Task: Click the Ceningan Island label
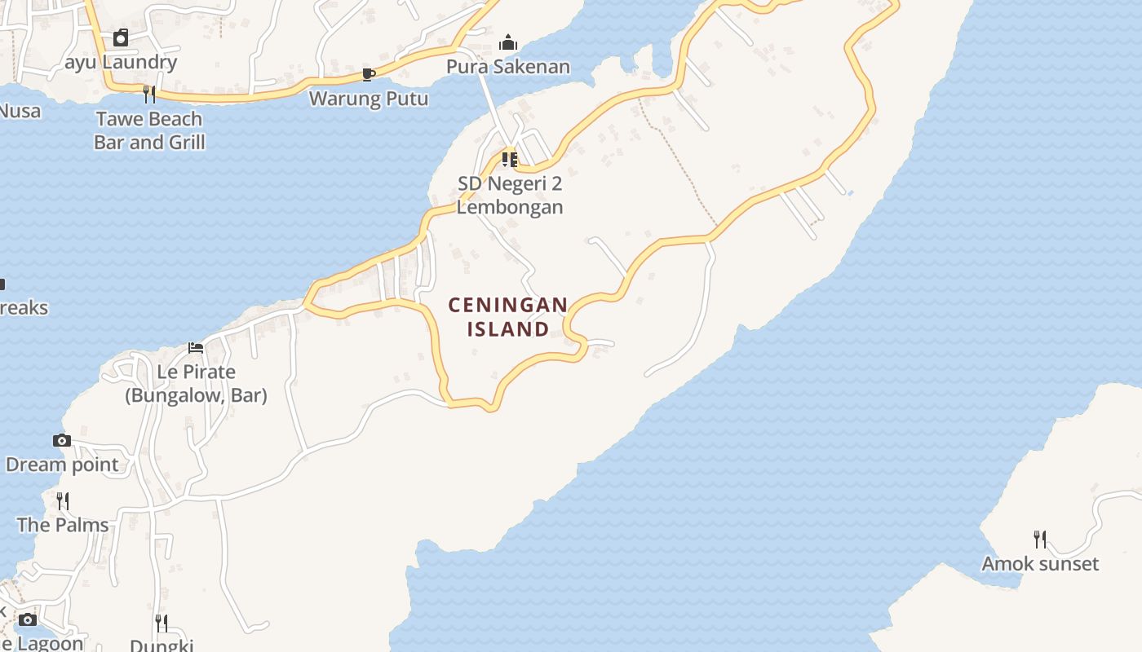[508, 317]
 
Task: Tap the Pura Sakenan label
[507, 66]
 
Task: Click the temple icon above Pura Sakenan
[508, 42]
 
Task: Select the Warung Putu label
[369, 99]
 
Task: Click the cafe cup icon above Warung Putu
[369, 75]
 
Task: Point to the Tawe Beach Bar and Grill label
[148, 130]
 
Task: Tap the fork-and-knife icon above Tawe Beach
[148, 95]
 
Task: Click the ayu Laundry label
[121, 62]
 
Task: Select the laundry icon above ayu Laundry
[121, 37]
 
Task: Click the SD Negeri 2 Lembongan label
[509, 195]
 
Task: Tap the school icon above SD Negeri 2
[509, 159]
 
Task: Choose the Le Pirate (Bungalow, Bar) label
[196, 384]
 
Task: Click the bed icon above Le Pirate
[196, 347]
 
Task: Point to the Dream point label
[62, 465]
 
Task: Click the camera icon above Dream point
[62, 441]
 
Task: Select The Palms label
[63, 525]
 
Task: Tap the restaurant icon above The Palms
[63, 500]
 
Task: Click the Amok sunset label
[1040, 563]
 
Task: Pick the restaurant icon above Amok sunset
[1040, 539]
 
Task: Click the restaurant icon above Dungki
[162, 623]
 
